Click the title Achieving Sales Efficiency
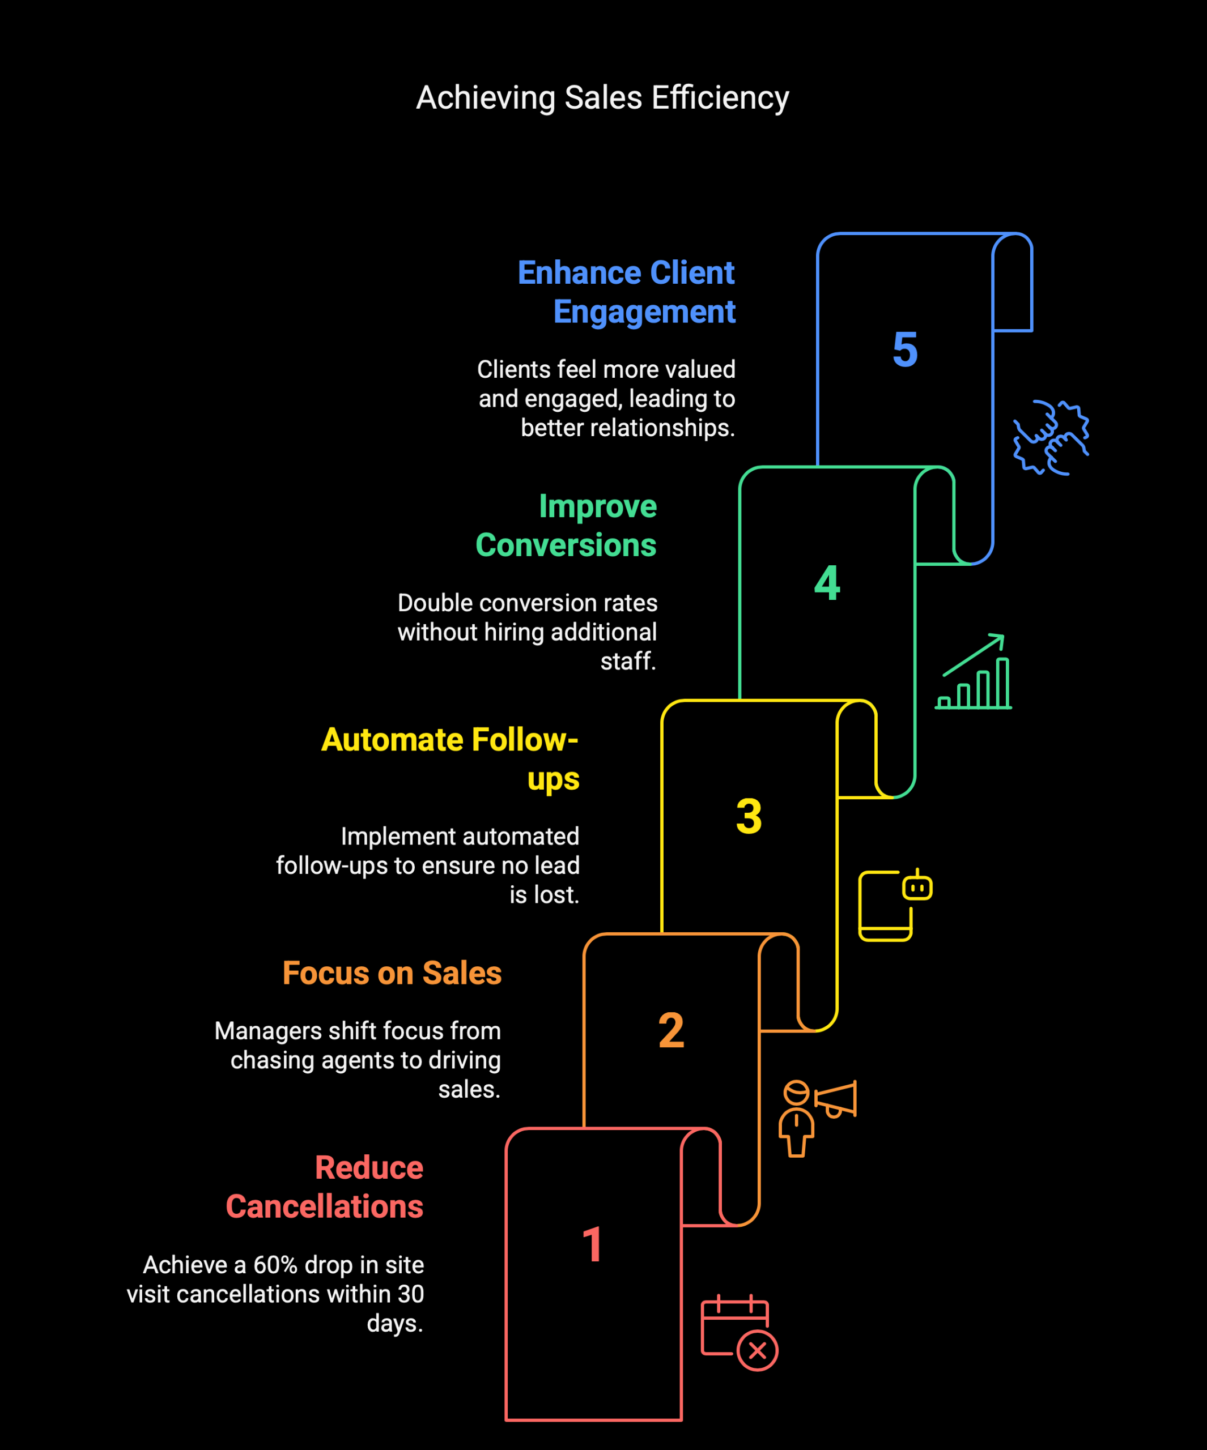point(602,97)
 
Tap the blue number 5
point(905,349)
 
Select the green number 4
point(827,583)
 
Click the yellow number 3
point(749,816)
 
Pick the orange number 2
point(671,1030)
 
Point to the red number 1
point(593,1244)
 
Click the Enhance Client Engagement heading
point(627,292)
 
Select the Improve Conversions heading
point(566,526)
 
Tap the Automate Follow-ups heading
point(450,760)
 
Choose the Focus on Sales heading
point(392,973)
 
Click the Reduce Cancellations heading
point(325,1187)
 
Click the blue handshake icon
point(1051,437)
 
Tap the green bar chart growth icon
point(974,671)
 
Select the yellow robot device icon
point(895,905)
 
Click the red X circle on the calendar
point(757,1350)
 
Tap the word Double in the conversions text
point(435,603)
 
